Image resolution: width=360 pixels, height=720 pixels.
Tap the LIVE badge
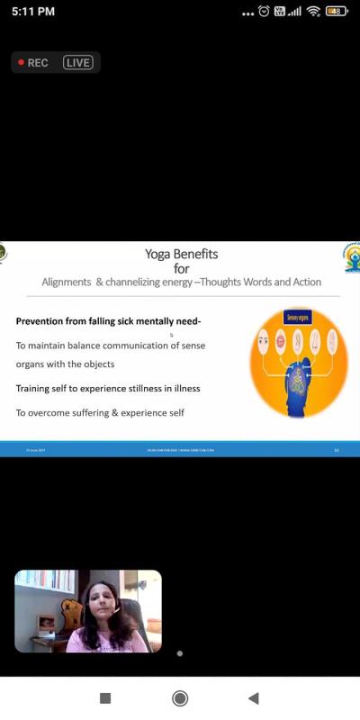(x=78, y=63)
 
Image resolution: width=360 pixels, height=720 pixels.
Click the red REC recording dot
(x=22, y=63)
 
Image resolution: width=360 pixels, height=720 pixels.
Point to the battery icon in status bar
(x=337, y=12)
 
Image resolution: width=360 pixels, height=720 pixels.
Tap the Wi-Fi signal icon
(x=313, y=12)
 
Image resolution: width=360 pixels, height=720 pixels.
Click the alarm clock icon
(x=264, y=12)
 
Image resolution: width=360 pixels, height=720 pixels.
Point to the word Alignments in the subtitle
(x=66, y=282)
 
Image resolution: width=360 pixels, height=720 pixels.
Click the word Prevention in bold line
(x=44, y=321)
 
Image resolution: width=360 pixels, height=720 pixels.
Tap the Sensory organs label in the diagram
(x=298, y=317)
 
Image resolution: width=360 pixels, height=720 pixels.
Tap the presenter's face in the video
(x=97, y=602)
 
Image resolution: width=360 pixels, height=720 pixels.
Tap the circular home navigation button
(x=180, y=698)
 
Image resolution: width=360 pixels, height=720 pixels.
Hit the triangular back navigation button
(x=253, y=698)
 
